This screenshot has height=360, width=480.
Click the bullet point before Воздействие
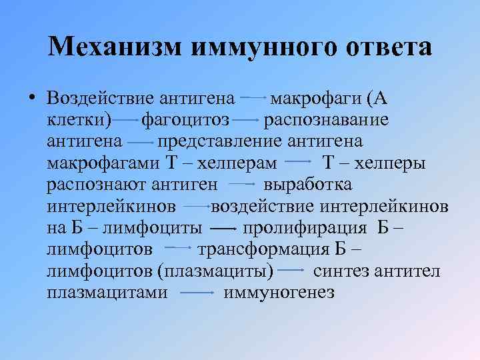[31, 99]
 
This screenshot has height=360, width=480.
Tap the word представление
[221, 141]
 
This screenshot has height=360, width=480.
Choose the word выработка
[308, 184]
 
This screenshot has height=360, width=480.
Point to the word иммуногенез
[279, 292]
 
